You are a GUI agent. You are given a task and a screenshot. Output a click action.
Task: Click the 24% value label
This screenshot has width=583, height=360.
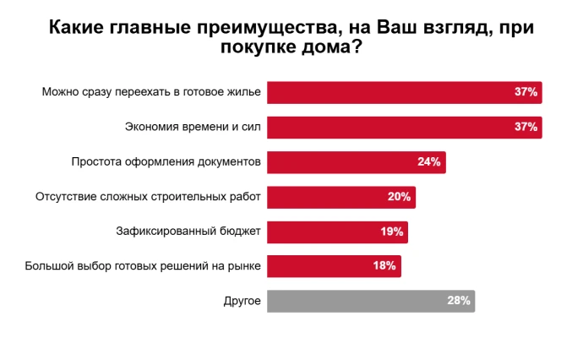pyautogui.click(x=429, y=161)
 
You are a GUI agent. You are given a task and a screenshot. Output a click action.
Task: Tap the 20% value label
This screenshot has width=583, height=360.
pyautogui.click(x=399, y=197)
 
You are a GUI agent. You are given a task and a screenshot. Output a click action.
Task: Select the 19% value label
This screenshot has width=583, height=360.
pyautogui.click(x=392, y=232)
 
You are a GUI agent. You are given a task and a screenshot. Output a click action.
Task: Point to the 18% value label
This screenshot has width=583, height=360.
pyautogui.click(x=384, y=266)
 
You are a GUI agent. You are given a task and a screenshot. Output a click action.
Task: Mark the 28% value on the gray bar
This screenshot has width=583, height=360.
pyautogui.click(x=458, y=301)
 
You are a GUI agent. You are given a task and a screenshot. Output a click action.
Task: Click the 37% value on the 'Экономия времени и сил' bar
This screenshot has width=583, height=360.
pyautogui.click(x=526, y=127)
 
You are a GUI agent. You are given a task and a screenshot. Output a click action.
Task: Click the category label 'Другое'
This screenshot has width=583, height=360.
pyautogui.click(x=242, y=301)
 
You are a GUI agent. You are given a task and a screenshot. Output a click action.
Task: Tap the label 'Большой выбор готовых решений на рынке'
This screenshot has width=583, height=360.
pyautogui.click(x=143, y=266)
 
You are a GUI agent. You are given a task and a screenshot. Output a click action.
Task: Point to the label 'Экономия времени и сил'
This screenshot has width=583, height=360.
pyautogui.click(x=193, y=127)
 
